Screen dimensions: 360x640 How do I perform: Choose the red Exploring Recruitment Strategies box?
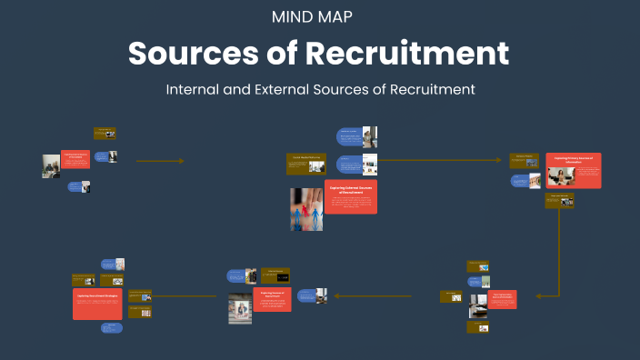coord(98,303)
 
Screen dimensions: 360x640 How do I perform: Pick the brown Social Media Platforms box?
coord(307,157)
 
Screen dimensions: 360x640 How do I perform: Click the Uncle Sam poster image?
coord(240,309)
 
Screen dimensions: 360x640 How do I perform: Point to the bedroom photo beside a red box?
coord(477,307)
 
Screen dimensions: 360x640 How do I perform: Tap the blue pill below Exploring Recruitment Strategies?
coord(110,326)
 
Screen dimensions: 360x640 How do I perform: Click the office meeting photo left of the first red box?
coord(51,165)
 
